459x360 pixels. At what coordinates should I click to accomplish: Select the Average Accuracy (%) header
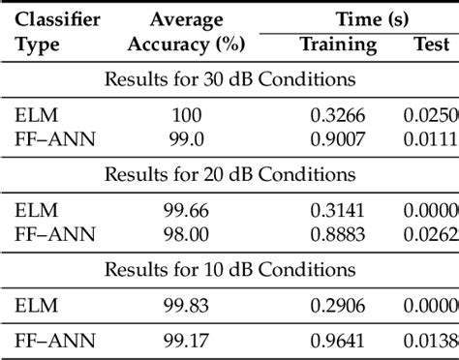[x=187, y=32]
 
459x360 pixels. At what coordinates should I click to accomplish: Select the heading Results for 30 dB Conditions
[x=229, y=79]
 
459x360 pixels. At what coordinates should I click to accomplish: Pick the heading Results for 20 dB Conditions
[x=229, y=175]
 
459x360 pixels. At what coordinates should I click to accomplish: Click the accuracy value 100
[x=187, y=115]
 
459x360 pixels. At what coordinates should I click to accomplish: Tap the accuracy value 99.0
[x=187, y=138]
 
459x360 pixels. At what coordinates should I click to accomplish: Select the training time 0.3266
[x=337, y=115]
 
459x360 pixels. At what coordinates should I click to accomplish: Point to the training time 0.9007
[x=337, y=138]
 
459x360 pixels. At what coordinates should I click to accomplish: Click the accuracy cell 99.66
[x=187, y=211]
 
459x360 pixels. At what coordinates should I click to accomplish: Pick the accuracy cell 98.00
[x=187, y=233]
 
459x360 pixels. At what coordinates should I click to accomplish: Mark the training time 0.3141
[x=337, y=211]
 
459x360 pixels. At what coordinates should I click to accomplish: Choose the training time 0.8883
[x=337, y=233]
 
